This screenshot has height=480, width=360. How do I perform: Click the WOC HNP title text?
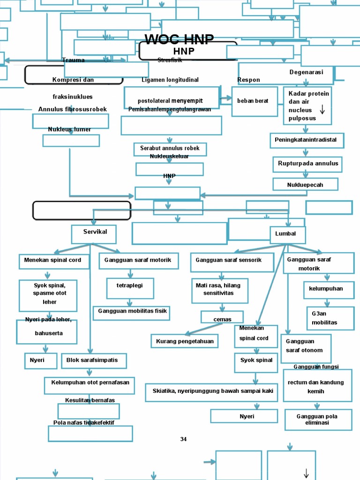[179, 39]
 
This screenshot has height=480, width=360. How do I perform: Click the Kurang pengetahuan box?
[185, 341]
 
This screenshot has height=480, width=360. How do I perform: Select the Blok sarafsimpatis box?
[94, 360]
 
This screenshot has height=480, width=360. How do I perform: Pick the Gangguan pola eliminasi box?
[318, 420]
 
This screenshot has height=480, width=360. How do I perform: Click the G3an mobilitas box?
[330, 318]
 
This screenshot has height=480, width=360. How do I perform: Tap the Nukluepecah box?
[305, 184]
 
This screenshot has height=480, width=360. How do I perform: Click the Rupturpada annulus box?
[307, 164]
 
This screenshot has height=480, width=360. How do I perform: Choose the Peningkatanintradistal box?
[306, 140]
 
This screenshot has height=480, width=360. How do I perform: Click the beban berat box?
[255, 101]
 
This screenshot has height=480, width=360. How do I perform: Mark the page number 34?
[183, 439]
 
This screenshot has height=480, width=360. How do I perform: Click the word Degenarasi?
[306, 72]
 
